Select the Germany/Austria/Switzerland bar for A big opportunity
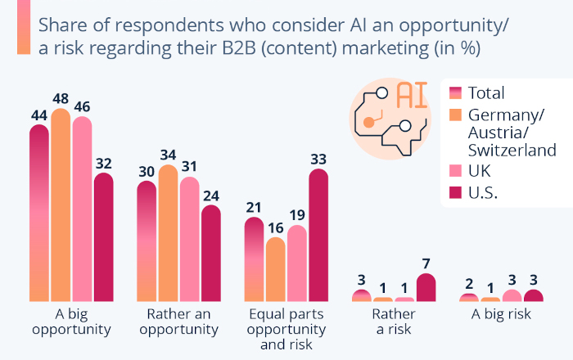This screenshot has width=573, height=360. [x=61, y=205]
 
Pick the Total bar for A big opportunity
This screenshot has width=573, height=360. [x=39, y=213]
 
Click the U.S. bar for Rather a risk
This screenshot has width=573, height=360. [x=426, y=288]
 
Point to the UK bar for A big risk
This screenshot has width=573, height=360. [x=512, y=296]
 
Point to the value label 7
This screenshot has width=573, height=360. [x=426, y=264]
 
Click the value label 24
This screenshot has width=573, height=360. [x=210, y=196]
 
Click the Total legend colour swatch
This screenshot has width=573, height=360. [x=456, y=92]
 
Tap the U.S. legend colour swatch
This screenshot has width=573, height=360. [x=456, y=193]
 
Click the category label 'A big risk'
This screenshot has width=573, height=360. [x=501, y=314]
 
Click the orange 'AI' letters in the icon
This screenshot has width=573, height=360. [x=412, y=94]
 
